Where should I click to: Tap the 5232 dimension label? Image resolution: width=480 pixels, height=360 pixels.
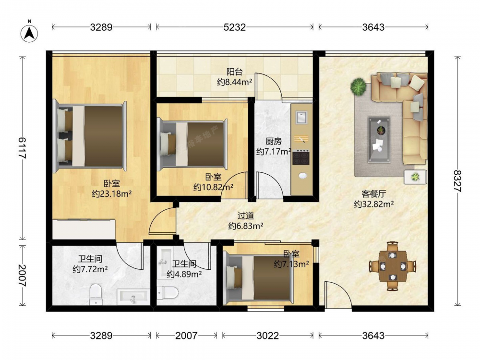(235, 27)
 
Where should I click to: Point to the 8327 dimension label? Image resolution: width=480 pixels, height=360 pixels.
(457, 181)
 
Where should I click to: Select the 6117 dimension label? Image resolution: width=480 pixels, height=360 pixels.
(22, 147)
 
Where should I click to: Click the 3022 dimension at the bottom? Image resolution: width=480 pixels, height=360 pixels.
(267, 336)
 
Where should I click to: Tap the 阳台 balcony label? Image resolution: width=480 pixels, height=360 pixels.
(235, 72)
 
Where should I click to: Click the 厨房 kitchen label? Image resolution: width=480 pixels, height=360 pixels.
(274, 142)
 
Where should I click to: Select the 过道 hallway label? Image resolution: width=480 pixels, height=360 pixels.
(246, 216)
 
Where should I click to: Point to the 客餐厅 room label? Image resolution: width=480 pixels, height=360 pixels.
(374, 194)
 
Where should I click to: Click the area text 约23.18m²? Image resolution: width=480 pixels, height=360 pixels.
(112, 194)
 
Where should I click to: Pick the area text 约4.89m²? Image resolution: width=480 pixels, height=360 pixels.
(184, 274)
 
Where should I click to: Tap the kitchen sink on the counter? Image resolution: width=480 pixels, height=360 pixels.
(301, 117)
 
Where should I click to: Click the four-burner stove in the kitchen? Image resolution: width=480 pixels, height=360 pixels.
(301, 157)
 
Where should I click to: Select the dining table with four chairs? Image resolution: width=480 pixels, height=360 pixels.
(393, 266)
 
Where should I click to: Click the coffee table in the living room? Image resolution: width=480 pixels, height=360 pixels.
(379, 139)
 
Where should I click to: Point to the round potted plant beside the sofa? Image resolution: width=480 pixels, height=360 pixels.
(359, 86)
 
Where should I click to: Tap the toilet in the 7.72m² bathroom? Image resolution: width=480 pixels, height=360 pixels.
(96, 294)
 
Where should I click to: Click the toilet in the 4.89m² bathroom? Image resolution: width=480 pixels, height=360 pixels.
(167, 293)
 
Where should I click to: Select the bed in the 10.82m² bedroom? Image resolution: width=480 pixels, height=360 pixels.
(192, 144)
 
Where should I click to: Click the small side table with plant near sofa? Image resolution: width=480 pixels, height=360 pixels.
(415, 177)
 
